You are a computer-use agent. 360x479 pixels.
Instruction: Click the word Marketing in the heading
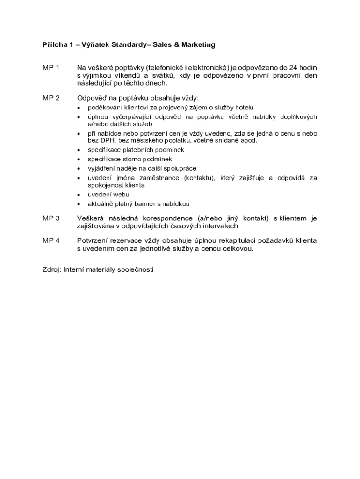tap(195, 45)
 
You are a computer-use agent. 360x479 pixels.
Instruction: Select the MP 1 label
tap(51, 68)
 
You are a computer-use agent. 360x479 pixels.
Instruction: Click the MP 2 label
tap(51, 98)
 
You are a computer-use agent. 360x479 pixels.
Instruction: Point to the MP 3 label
tap(51, 218)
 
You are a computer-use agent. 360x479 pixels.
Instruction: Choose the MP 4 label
tap(51, 240)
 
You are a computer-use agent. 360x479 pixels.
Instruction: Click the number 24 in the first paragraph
tap(294, 68)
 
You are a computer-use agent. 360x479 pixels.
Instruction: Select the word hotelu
tap(244, 108)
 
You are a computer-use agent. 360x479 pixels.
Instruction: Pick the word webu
tap(121, 195)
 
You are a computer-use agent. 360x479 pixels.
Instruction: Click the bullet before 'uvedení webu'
tap(78, 195)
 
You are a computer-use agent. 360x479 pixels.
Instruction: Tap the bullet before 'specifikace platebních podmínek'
tap(78, 150)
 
